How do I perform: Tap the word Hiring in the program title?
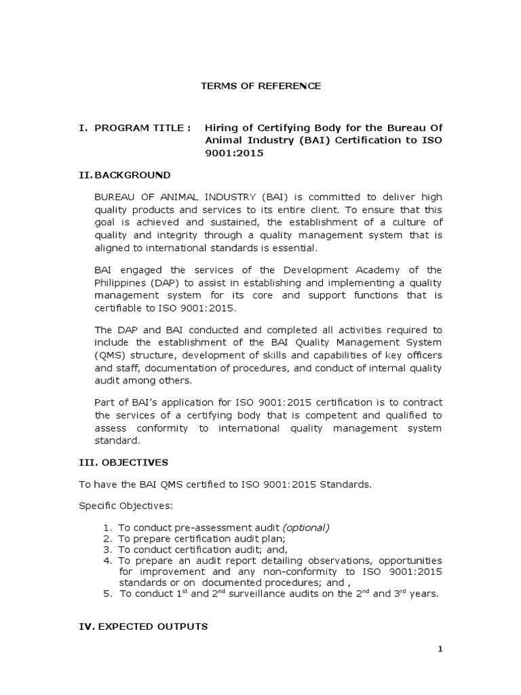click(x=221, y=128)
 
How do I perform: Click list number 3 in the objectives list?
click(x=108, y=549)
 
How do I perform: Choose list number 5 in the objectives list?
click(x=108, y=593)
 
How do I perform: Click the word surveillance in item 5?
click(x=268, y=593)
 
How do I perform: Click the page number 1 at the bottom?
click(x=440, y=649)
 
